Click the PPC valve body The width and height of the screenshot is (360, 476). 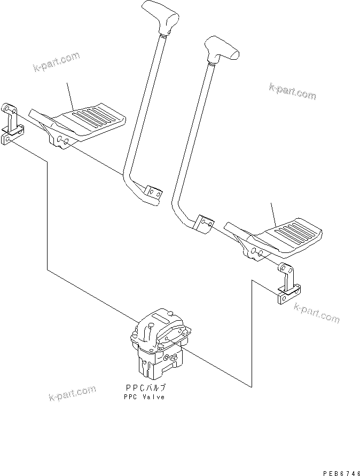159,344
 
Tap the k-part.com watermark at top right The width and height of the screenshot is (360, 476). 292,91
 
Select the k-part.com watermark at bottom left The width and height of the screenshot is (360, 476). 72,394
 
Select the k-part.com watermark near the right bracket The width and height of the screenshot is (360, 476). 316,315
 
